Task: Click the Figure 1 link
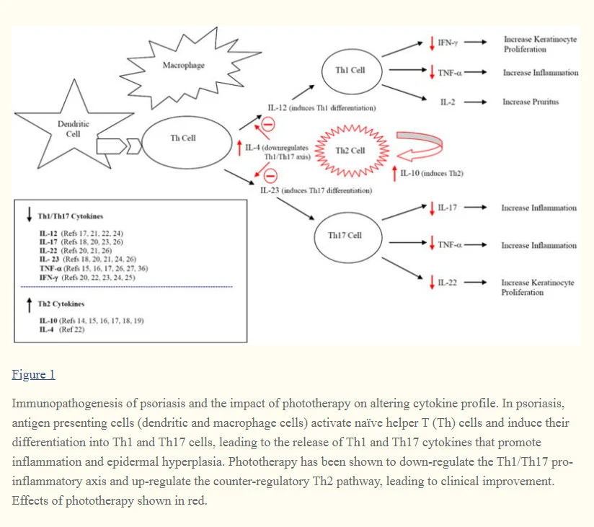(33, 374)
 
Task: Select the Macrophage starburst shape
(184, 66)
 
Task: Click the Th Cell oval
(183, 138)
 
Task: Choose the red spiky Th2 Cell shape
(351, 151)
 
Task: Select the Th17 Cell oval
(345, 235)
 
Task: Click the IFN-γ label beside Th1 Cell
(448, 43)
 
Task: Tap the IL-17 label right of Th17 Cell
(448, 208)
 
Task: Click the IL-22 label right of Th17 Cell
(448, 281)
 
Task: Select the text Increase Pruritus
(531, 102)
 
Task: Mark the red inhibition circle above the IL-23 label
(267, 174)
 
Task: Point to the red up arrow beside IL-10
(394, 173)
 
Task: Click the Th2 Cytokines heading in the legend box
(61, 304)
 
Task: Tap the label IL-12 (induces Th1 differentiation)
(322, 108)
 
